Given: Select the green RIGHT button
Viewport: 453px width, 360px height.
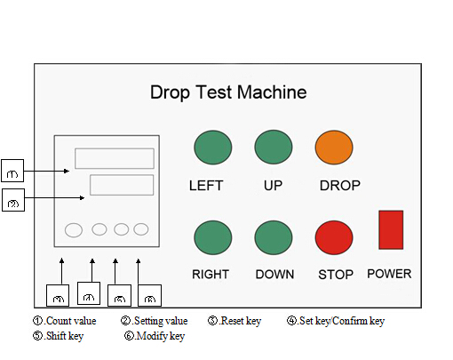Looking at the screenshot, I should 212,237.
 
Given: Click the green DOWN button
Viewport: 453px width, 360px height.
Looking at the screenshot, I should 273,237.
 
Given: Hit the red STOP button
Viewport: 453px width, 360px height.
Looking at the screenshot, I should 333,237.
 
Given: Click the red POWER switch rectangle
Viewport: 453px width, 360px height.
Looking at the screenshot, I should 391,229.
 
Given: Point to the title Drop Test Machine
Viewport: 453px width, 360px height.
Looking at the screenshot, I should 228,92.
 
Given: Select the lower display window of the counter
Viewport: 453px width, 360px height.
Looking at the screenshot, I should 121,186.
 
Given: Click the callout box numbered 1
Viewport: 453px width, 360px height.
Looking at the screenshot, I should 13,169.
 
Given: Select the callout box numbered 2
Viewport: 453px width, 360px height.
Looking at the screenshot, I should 13,200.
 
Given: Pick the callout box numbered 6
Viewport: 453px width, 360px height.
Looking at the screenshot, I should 150,295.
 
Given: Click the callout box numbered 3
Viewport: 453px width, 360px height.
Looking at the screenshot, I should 59,295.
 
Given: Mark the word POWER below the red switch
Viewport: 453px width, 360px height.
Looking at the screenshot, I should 389,273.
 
